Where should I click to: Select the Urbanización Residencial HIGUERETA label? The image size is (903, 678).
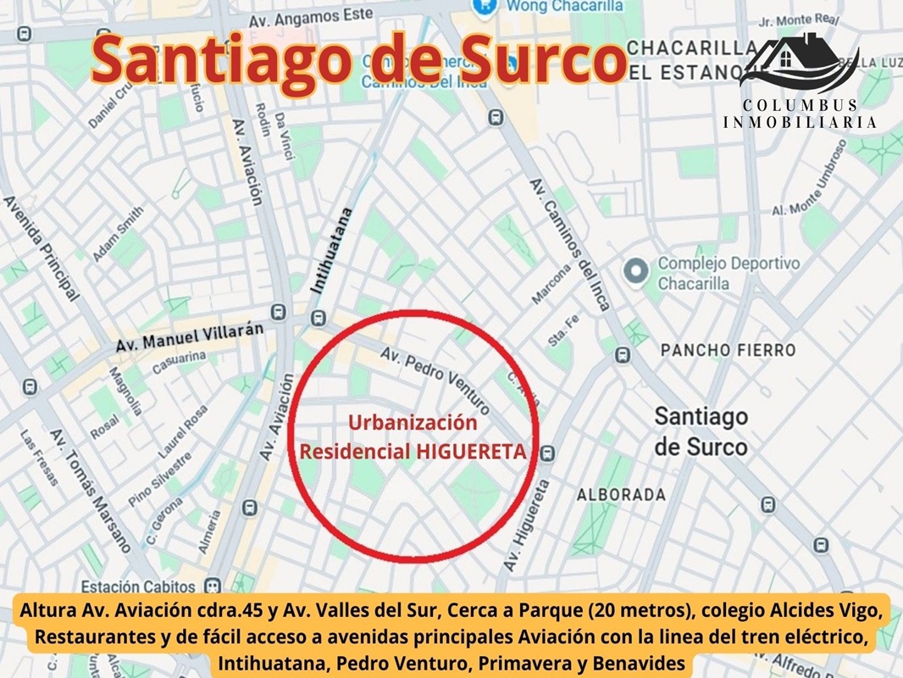pos(413,437)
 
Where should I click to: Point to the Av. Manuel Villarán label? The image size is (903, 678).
pos(190,337)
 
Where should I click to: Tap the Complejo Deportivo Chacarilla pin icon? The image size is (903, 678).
pos(635,272)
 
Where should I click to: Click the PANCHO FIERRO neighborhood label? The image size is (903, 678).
pos(728,350)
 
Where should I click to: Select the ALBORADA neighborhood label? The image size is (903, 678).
pos(621,494)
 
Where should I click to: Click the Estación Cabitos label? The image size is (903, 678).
pos(139,586)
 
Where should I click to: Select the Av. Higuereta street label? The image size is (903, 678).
pos(526,525)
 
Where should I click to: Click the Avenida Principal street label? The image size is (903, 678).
pos(42,247)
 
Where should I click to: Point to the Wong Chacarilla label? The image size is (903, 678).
pos(564,7)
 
